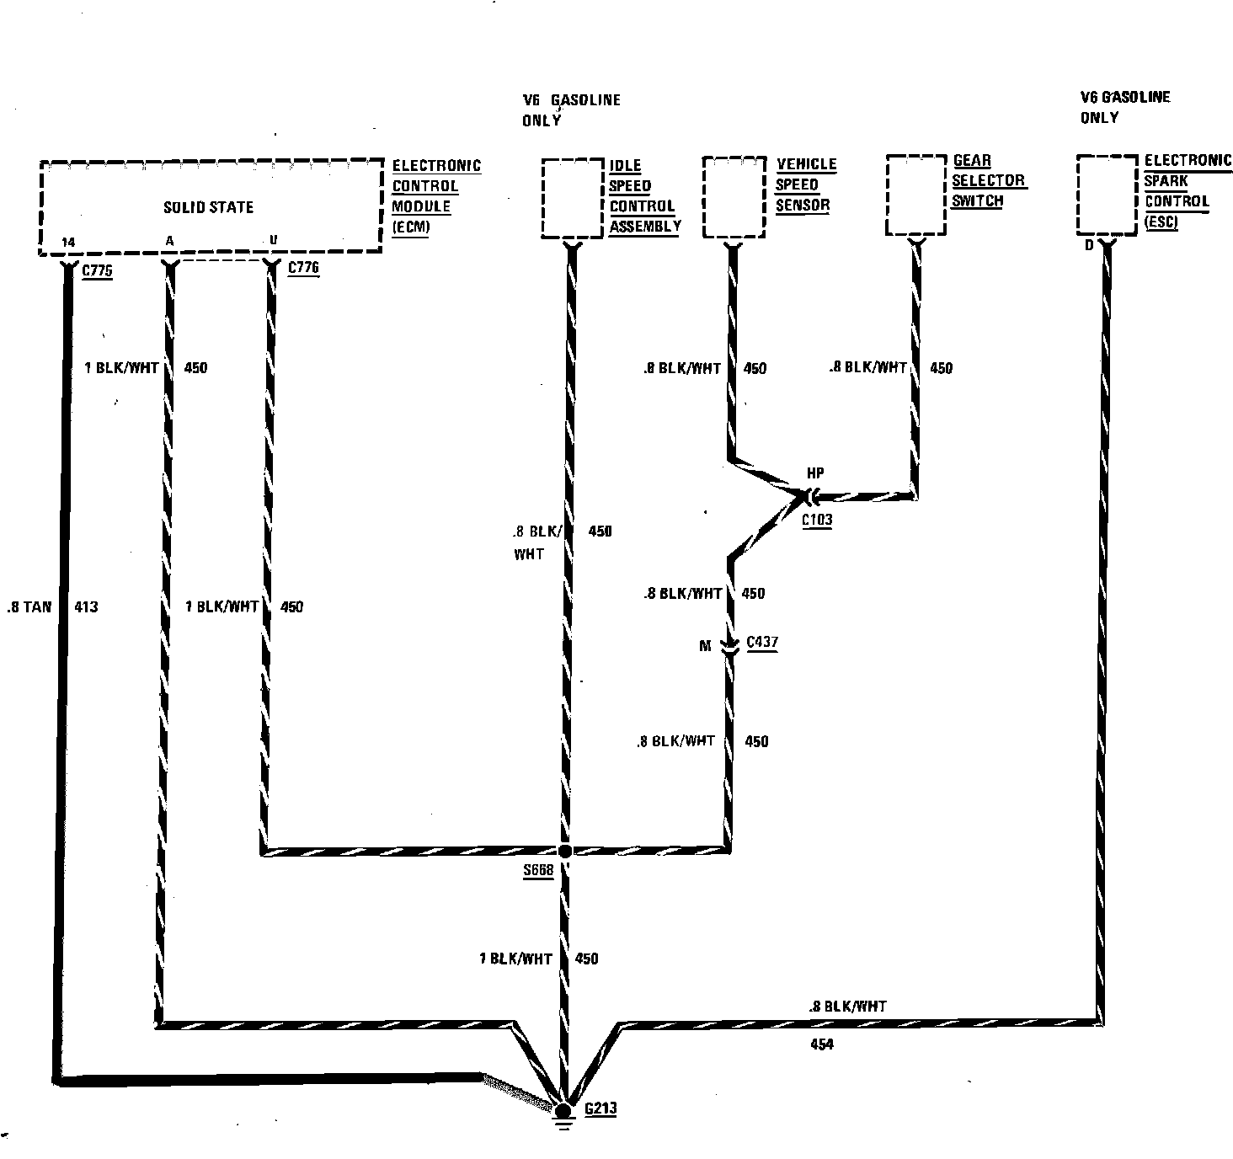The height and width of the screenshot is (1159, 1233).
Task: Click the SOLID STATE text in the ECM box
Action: click(208, 207)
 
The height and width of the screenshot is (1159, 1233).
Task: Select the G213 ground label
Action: click(600, 1108)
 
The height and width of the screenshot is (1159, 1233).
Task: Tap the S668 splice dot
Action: click(565, 851)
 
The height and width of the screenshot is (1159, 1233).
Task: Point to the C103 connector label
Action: click(816, 519)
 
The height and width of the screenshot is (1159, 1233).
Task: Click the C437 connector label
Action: click(762, 642)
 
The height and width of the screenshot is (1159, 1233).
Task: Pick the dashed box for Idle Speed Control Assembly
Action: click(572, 198)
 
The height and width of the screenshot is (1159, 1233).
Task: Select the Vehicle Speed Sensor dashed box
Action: click(734, 196)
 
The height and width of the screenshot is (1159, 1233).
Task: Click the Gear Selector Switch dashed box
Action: click(916, 194)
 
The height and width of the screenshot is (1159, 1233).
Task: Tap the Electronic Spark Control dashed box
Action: click(1107, 195)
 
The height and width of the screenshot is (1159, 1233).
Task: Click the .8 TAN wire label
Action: click(29, 606)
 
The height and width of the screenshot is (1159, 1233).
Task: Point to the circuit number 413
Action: click(86, 606)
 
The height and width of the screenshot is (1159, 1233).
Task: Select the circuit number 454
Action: click(821, 1044)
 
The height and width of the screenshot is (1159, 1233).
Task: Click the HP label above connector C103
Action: click(815, 473)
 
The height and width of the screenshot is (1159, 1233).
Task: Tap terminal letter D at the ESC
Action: click(1088, 245)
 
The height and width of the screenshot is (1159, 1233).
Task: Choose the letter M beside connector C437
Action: click(705, 646)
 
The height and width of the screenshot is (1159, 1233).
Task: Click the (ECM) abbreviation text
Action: click(411, 227)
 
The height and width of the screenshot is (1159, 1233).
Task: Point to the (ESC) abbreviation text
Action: click(1161, 222)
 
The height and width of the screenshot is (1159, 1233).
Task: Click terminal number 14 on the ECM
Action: click(68, 243)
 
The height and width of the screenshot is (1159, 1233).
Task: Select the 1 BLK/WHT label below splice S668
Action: click(515, 959)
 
